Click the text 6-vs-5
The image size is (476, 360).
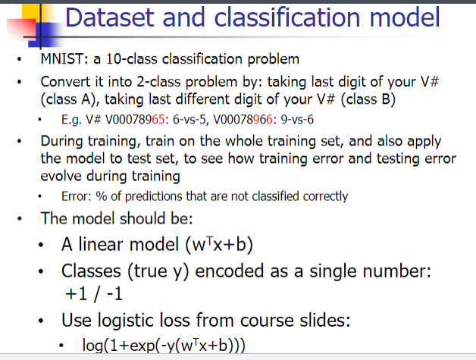(174, 120)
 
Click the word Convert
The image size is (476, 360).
(64, 81)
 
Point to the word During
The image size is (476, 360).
(61, 141)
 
